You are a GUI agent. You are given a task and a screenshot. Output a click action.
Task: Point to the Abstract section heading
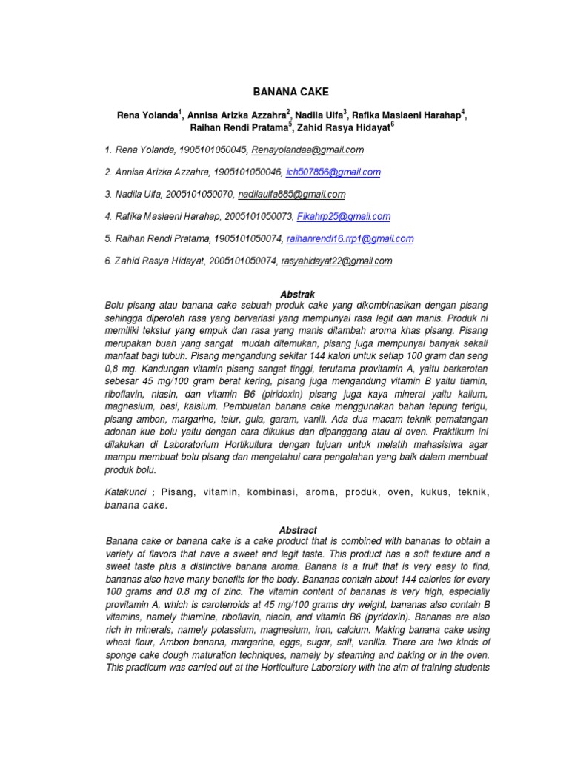pyautogui.click(x=298, y=530)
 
